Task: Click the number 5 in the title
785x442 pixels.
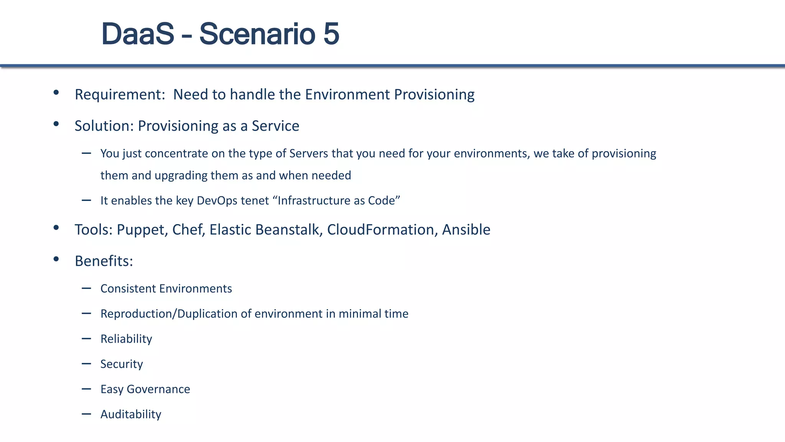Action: click(331, 34)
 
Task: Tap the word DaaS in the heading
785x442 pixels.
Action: click(138, 34)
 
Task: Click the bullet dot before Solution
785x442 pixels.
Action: click(56, 124)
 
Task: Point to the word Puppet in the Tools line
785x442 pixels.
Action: click(141, 230)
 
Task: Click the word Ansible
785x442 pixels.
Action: click(466, 230)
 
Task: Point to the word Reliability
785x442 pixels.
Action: click(126, 339)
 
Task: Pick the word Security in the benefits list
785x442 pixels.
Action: click(122, 364)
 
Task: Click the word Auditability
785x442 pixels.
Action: click(131, 414)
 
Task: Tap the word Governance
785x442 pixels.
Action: click(158, 389)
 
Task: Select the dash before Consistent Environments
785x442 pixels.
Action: click(86, 289)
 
